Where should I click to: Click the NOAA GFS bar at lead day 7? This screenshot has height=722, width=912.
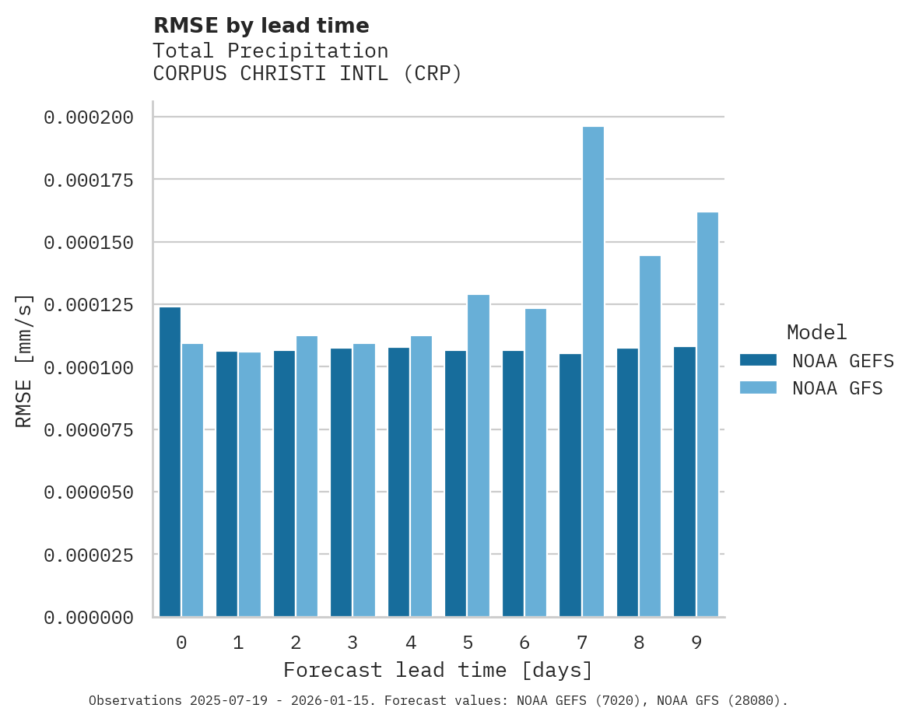click(x=593, y=372)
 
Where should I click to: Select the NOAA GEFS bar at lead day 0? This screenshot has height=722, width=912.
click(x=170, y=462)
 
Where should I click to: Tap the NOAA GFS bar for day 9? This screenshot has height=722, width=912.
click(x=707, y=414)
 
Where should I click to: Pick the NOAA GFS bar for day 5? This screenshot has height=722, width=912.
click(x=479, y=455)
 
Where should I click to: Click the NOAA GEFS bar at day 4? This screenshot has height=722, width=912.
click(x=398, y=482)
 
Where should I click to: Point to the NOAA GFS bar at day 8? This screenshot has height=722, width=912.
click(x=650, y=436)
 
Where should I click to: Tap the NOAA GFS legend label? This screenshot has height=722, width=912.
click(x=837, y=388)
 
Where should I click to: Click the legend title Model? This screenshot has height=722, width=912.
click(x=816, y=332)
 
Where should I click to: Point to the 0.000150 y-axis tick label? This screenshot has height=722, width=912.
click(x=88, y=243)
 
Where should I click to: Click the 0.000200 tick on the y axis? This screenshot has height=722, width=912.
click(x=88, y=117)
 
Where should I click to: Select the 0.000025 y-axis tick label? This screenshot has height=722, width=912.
click(x=88, y=556)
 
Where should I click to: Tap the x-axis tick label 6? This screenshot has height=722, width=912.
click(x=524, y=643)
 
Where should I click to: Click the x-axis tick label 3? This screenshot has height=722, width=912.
click(x=353, y=643)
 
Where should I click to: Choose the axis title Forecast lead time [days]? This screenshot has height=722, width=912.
click(x=438, y=670)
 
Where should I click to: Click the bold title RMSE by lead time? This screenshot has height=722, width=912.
click(x=261, y=26)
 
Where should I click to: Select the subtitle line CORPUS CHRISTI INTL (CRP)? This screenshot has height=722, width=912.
click(x=307, y=74)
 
